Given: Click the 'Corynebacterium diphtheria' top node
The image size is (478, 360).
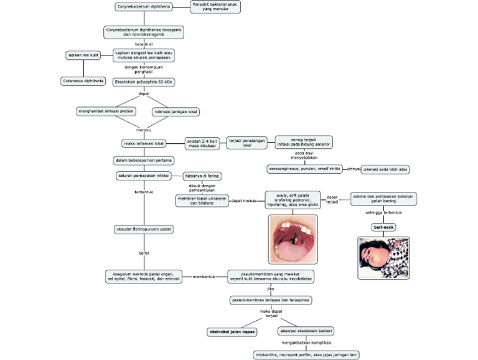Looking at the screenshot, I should [143, 7].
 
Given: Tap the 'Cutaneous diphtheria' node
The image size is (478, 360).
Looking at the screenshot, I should [82, 81].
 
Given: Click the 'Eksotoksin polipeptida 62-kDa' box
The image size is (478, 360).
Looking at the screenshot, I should [143, 81].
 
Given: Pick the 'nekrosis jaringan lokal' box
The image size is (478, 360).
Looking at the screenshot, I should [176, 111].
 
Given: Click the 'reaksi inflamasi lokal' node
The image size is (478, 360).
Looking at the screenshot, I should [144, 143].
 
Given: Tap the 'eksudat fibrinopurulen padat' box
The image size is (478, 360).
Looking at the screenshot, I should [144, 229].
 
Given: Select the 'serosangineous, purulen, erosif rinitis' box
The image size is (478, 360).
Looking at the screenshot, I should [303, 168].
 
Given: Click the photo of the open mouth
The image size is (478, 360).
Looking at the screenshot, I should [293, 239].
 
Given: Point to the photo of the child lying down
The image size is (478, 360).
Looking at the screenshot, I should [383, 257].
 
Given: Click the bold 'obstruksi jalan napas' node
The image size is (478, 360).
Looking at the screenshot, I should [232, 331].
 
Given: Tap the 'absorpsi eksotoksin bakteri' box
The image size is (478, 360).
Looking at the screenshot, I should [304, 331].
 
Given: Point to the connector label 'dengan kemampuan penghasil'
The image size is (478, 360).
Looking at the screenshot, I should [144, 69].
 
